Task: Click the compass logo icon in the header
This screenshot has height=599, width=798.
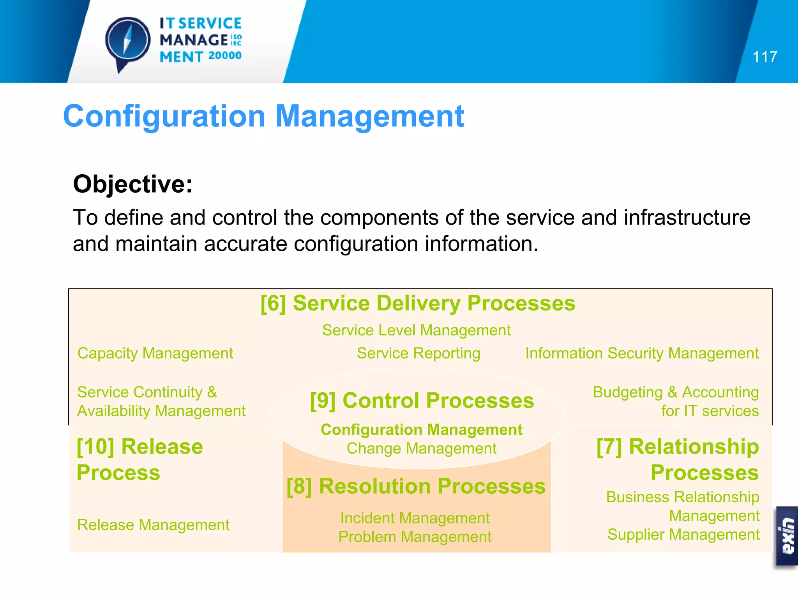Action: tap(128, 41)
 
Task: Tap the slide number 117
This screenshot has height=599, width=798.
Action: tap(764, 57)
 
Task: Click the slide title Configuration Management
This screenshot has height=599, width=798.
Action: tap(263, 116)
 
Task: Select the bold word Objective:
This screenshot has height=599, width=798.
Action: tap(132, 184)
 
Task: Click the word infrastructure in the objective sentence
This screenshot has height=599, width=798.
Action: tap(687, 218)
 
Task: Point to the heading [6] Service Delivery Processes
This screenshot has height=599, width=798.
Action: tap(418, 303)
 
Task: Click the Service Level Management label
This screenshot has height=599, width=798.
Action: tap(416, 330)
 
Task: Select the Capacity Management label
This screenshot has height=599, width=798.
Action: tap(155, 353)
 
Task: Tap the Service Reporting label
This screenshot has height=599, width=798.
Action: tap(418, 353)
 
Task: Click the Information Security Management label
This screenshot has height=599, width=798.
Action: tap(642, 353)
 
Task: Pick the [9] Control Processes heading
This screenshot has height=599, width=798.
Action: tap(422, 401)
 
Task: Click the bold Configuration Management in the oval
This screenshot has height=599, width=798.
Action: tap(421, 430)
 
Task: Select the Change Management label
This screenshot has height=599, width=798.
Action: tap(421, 448)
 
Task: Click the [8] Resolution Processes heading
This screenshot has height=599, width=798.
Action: tap(416, 486)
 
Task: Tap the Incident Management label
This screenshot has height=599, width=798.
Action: tap(415, 518)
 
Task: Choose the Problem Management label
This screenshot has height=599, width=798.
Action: tap(415, 537)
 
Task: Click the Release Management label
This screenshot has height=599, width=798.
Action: tap(153, 525)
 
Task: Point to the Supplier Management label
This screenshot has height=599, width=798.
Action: tap(683, 535)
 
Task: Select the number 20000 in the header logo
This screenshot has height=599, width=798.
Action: tap(225, 56)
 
